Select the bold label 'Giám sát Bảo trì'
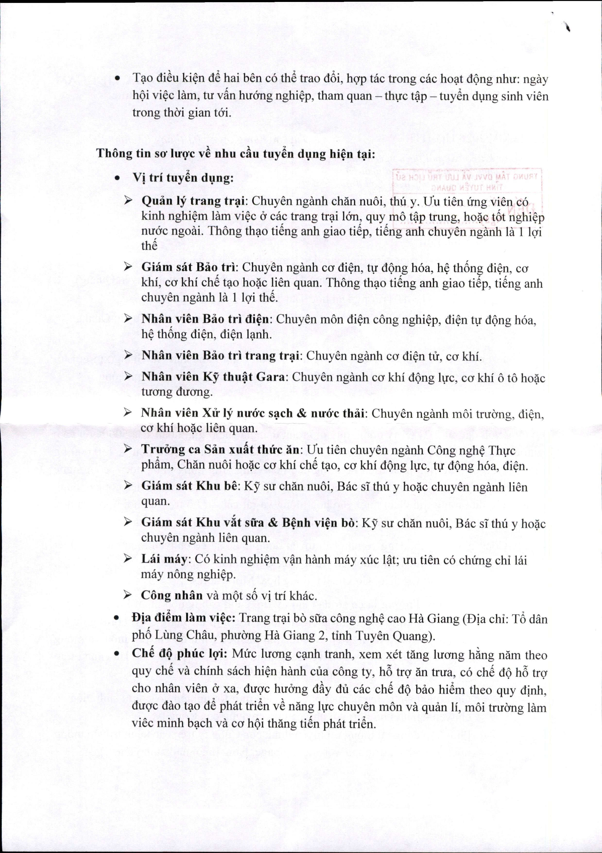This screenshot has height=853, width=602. (x=189, y=267)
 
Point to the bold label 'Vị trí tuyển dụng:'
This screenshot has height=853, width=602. (x=183, y=178)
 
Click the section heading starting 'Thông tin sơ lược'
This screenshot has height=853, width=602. (x=236, y=154)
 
